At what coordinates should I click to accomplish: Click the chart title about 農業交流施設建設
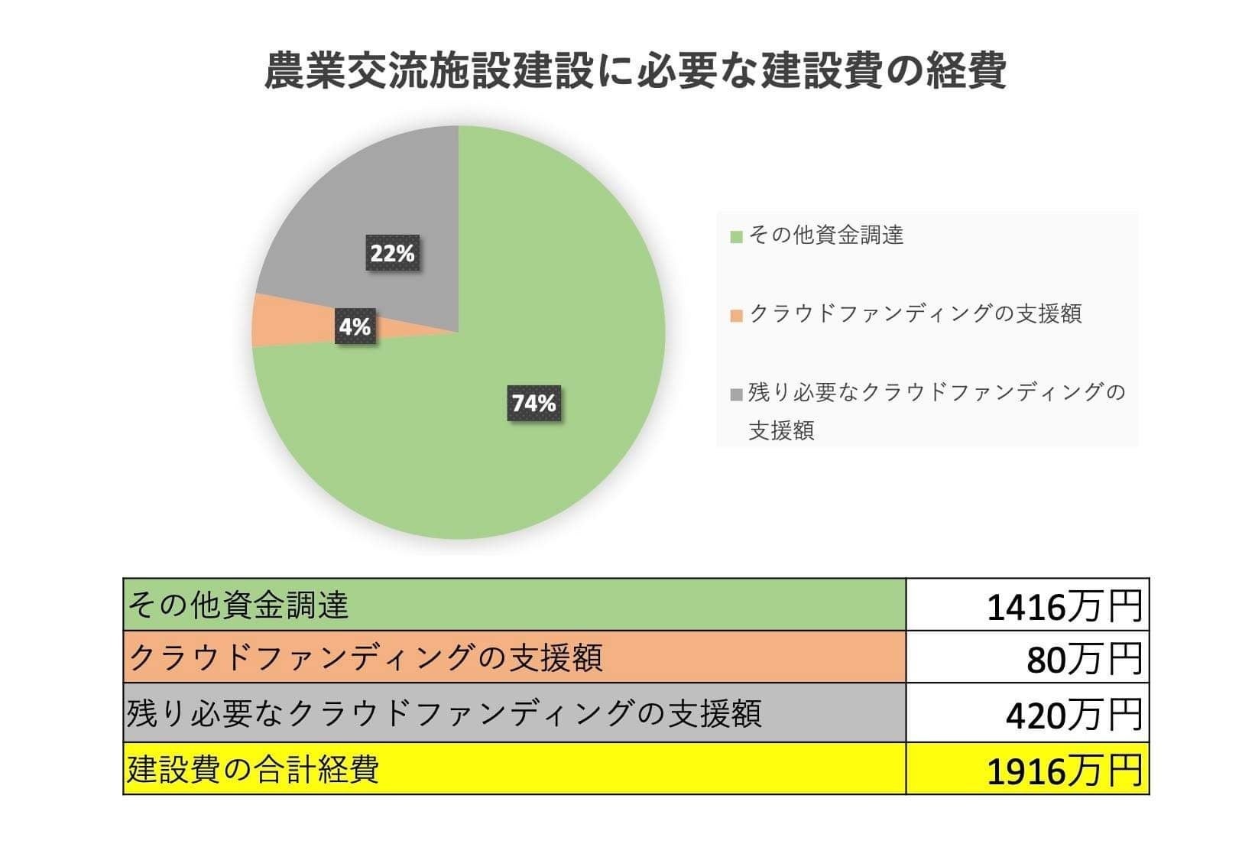634,71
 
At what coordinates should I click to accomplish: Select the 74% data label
534,402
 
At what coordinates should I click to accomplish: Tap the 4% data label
355,326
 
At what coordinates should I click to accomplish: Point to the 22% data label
392,253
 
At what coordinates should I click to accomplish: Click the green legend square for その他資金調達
737,236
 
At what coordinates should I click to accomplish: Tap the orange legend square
737,315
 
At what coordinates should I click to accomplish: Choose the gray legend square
737,394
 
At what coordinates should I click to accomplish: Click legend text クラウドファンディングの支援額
915,313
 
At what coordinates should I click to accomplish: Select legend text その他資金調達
825,235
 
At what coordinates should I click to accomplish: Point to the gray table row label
443,713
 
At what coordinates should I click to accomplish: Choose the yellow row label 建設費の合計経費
253,769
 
